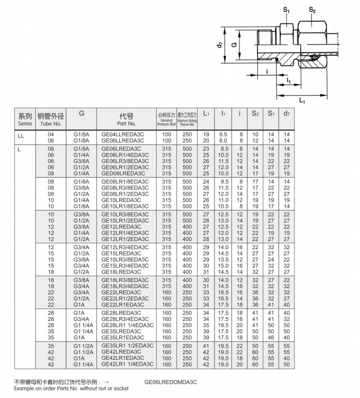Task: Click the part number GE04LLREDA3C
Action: click(x=123, y=134)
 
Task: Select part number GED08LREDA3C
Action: click(x=123, y=173)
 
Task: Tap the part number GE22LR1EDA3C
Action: click(x=123, y=304)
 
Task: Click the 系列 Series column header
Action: click(x=25, y=119)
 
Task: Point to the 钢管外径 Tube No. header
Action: click(x=51, y=119)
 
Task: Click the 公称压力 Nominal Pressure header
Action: click(x=167, y=119)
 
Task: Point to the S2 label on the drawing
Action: click(x=312, y=9)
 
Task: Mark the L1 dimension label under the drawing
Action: click(x=302, y=100)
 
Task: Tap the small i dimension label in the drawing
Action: click(x=267, y=72)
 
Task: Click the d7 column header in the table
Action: click(x=286, y=113)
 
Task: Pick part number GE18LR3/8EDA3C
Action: click(x=125, y=280)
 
